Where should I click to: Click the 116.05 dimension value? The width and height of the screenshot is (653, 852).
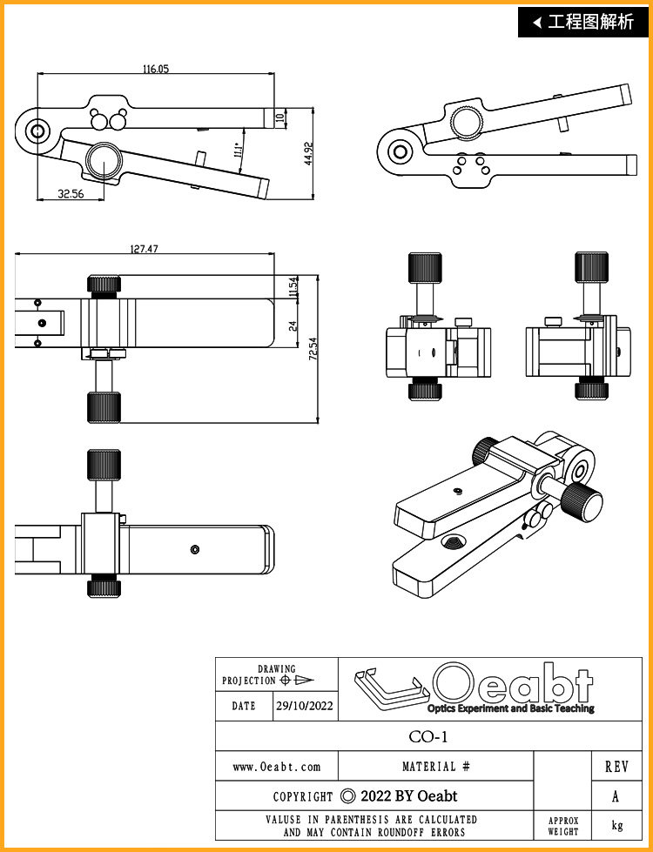click(156, 69)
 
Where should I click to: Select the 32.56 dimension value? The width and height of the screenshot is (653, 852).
click(71, 193)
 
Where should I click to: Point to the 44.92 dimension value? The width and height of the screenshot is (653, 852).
click(308, 154)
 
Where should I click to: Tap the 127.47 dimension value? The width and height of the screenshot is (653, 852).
click(144, 249)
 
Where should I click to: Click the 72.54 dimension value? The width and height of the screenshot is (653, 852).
click(313, 348)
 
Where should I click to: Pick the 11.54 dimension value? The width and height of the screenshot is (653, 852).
click(293, 287)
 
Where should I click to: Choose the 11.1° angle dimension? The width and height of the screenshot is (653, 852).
click(237, 150)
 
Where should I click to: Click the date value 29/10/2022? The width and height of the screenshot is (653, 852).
click(305, 706)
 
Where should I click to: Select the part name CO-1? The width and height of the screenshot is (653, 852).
click(428, 737)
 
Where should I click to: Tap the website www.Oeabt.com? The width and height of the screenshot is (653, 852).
click(277, 767)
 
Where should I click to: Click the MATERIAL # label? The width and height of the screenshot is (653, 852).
click(436, 767)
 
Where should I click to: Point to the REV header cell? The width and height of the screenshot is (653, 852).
click(616, 767)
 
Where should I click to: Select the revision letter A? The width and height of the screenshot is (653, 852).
click(616, 796)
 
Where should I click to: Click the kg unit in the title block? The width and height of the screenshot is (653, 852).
click(617, 825)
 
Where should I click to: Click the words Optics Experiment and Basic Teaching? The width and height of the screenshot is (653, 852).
click(510, 708)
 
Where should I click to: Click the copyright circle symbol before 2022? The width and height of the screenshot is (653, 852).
click(348, 796)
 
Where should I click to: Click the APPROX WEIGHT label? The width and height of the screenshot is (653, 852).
click(563, 826)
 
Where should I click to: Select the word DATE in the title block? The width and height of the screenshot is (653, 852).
click(244, 706)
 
